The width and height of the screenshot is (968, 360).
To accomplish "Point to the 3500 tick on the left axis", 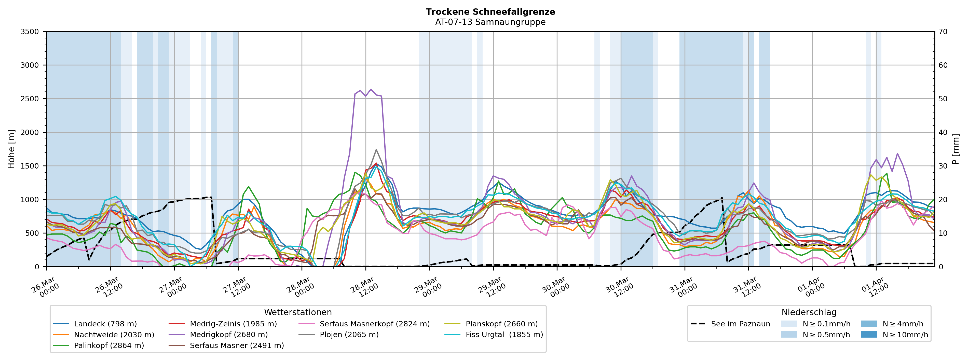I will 30,32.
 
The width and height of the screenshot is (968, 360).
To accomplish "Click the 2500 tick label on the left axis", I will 30,99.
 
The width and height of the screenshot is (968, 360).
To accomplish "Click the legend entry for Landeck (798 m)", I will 105,324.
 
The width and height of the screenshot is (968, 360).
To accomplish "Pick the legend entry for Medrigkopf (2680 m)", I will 228,335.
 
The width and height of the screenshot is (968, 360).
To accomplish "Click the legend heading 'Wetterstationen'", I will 298,312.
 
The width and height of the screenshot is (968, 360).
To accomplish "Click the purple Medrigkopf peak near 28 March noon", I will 371,89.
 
